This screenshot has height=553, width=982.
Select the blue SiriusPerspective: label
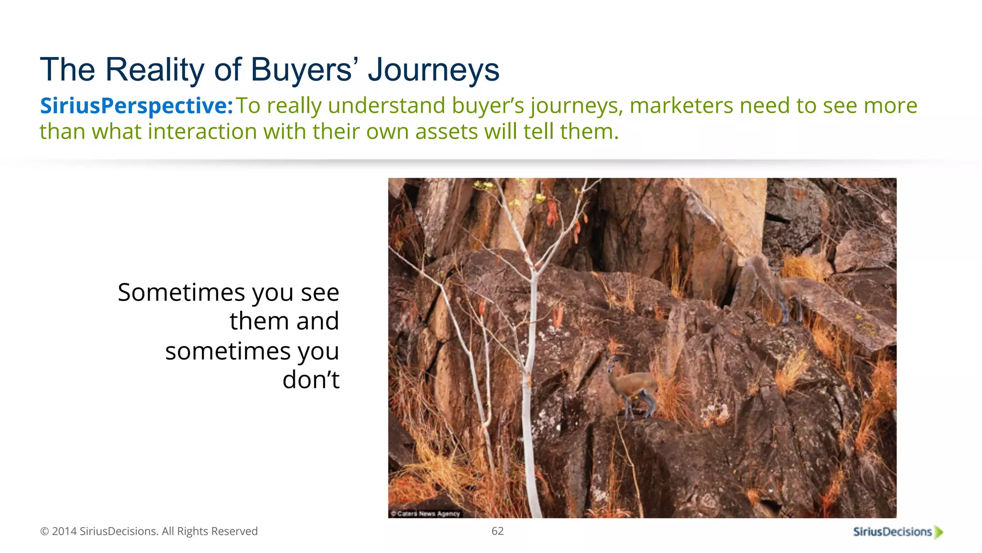pyautogui.click(x=136, y=106)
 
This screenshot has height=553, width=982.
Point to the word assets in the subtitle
pyautogui.click(x=446, y=132)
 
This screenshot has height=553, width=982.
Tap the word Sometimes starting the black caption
pyautogui.click(x=181, y=292)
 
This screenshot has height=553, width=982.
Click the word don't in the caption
pyautogui.click(x=311, y=380)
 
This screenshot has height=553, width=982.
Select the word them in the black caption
pyautogui.click(x=258, y=321)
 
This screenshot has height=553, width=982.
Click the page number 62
pyautogui.click(x=497, y=531)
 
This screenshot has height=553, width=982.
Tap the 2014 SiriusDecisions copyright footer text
pyautogui.click(x=149, y=531)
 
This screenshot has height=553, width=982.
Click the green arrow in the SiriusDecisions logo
pyautogui.click(x=939, y=532)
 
